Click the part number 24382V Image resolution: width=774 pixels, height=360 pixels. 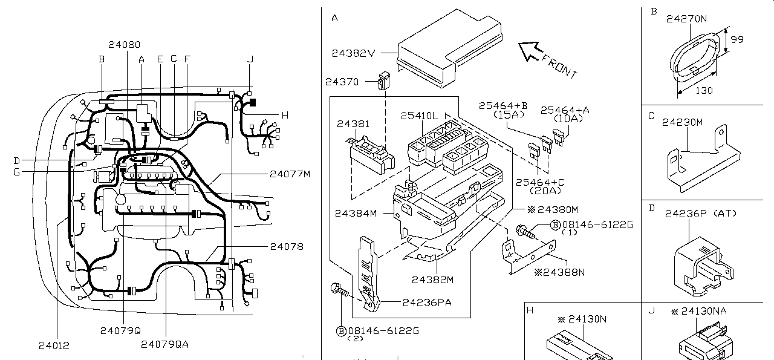(354, 53)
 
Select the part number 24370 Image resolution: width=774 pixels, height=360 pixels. (342, 82)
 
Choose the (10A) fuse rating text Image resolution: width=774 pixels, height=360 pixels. (564, 119)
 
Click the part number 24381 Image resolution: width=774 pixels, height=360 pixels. (353, 123)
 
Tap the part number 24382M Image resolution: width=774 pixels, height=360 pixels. (432, 280)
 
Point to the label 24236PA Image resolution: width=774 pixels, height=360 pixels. (427, 302)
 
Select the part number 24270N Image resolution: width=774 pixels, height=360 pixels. (686, 19)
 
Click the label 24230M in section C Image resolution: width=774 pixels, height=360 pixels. (682, 122)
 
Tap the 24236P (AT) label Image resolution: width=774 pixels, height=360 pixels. (700, 214)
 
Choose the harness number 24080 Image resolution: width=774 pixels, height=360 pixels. (125, 44)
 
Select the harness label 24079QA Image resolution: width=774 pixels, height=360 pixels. (164, 344)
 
